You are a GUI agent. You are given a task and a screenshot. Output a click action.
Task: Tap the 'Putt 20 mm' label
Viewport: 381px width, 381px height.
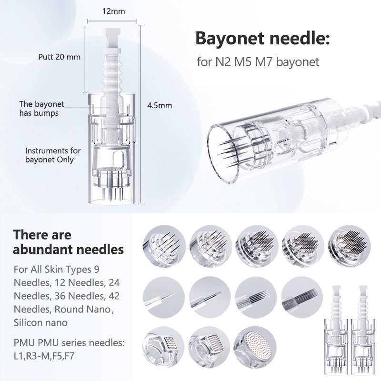59,57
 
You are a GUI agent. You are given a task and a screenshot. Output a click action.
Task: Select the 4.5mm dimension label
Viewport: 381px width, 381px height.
159,106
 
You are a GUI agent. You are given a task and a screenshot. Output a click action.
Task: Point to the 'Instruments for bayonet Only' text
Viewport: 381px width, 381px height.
52,155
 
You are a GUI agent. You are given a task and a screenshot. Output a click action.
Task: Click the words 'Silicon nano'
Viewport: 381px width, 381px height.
40,322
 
